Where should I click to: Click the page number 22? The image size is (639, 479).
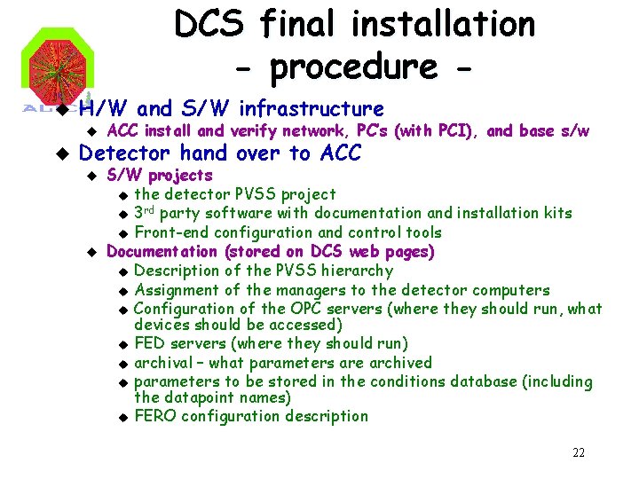pyautogui.click(x=578, y=453)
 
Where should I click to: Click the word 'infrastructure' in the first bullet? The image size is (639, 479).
pyautogui.click(x=312, y=109)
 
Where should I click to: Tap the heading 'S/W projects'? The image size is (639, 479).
pyautogui.click(x=159, y=175)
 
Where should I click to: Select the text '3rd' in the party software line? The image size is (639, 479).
pyautogui.click(x=146, y=213)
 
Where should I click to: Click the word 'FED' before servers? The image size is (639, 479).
pyautogui.click(x=149, y=343)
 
